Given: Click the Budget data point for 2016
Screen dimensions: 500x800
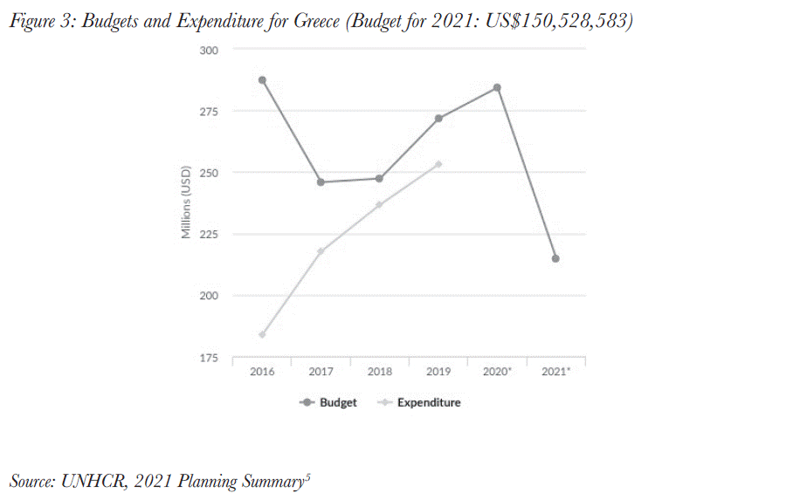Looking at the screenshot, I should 262,80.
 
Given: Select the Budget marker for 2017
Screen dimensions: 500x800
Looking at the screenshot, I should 321,182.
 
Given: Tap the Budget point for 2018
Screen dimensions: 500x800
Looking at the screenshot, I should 379,179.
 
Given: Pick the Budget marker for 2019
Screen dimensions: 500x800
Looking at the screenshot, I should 438,119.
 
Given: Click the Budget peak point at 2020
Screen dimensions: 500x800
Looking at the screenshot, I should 497,87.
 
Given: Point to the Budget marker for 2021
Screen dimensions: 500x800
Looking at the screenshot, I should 555,258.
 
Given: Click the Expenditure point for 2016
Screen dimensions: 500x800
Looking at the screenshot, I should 262,334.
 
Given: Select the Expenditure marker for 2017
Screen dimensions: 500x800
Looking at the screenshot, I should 321,251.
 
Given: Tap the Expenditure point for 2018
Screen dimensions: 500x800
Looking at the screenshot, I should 379,205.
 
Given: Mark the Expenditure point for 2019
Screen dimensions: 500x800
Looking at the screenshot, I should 438,164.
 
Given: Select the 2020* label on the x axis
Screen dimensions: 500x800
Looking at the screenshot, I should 497,372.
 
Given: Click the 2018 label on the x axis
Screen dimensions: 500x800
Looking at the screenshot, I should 379,372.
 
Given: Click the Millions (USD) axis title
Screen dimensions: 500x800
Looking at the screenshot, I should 186,202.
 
